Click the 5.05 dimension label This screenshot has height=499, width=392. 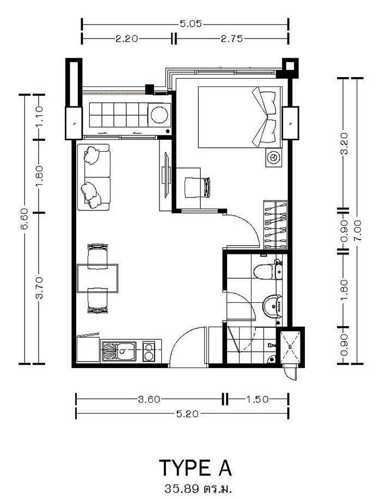point(191,24)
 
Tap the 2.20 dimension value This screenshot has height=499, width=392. point(126,39)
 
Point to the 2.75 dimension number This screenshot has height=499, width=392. point(232,39)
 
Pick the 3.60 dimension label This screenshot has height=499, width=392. point(149,399)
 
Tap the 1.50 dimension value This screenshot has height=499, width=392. point(257,399)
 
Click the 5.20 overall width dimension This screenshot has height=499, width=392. point(187,414)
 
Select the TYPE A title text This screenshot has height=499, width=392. point(195,467)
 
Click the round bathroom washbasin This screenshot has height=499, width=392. point(272,306)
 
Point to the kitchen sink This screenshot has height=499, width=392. point(119,351)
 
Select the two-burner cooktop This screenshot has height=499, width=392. point(149,351)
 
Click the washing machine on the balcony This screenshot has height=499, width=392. point(159,115)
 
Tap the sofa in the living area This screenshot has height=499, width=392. point(94,177)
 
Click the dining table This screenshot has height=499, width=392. point(97,278)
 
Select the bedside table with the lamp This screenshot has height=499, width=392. point(273,158)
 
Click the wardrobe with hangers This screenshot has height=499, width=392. point(275,224)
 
